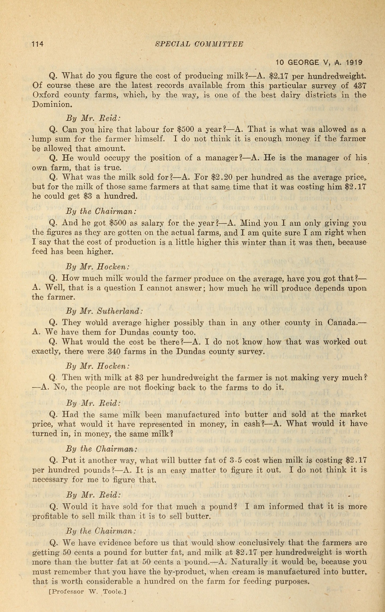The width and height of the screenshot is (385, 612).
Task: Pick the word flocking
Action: click(131, 388)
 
